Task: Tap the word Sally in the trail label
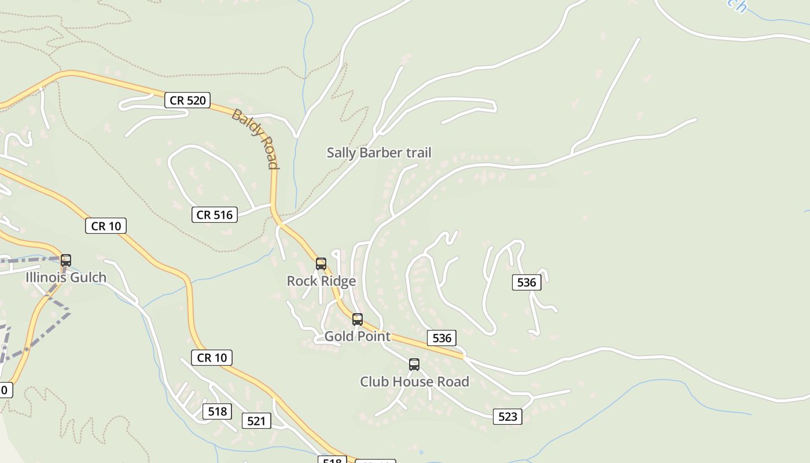[x=341, y=153]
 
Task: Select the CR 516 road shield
[x=215, y=215]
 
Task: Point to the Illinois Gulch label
[x=66, y=277]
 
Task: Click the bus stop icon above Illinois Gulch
[x=66, y=260]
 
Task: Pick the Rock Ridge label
[x=321, y=281]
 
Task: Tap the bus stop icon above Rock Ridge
[x=321, y=264]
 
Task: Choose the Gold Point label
[x=357, y=336]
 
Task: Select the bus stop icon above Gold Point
[x=358, y=319]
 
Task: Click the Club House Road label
[x=414, y=381]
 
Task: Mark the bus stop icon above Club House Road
[x=414, y=365]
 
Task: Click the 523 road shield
[x=507, y=417]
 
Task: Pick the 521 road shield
[x=256, y=421]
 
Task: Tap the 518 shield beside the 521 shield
[x=217, y=411]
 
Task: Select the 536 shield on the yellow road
[x=441, y=338]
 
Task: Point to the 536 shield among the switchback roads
[x=526, y=282]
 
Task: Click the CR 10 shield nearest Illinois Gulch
[x=106, y=226]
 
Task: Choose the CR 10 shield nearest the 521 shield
[x=212, y=358]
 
